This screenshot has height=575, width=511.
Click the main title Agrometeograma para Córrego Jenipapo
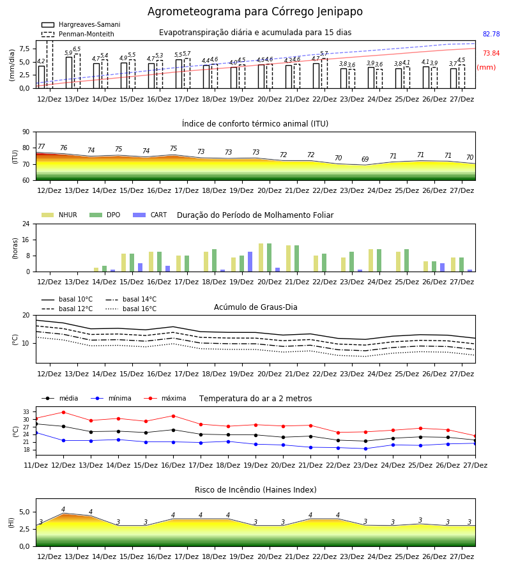tap(255, 11)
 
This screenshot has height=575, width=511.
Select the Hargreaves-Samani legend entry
tap(81, 24)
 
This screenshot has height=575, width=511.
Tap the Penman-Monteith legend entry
tap(78, 34)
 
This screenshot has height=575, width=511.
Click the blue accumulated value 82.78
tap(491, 34)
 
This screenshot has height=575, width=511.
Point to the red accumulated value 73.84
tap(491, 53)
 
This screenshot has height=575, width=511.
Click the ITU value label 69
tap(365, 159)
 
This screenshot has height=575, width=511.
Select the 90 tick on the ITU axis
tap(26, 132)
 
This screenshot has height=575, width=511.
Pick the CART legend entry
tap(150, 215)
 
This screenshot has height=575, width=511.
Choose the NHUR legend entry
tap(59, 215)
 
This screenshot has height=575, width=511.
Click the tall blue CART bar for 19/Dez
tap(250, 262)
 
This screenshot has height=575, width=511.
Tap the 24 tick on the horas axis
tap(26, 224)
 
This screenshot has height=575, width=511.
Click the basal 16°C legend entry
tap(131, 309)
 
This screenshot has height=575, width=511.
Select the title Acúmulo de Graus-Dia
tap(256, 307)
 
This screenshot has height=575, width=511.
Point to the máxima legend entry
tap(165, 398)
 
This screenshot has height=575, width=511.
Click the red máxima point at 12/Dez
tap(63, 412)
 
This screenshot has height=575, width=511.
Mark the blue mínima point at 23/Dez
tap(365, 448)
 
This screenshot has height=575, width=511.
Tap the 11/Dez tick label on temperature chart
tap(36, 465)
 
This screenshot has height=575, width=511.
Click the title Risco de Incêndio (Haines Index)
tap(256, 490)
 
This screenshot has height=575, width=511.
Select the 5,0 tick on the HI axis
tap(25, 512)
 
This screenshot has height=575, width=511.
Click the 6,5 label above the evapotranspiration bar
tap(77, 49)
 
